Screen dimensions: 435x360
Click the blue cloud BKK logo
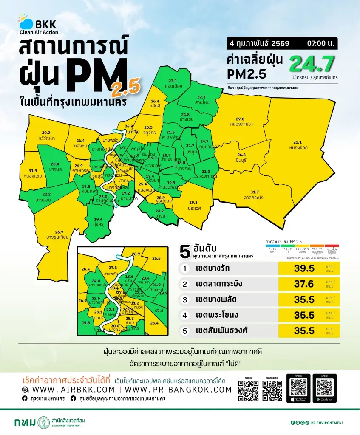[26, 22]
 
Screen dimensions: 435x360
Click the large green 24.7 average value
[311, 64]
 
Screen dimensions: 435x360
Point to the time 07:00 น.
[318, 43]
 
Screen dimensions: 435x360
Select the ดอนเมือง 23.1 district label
[173, 82]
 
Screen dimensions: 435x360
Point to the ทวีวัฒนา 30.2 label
[46, 135]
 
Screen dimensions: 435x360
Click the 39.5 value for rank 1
[304, 269]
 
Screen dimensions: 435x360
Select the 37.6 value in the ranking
[304, 284]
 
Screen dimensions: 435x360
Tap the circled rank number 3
[185, 299]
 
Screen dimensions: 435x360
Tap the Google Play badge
[324, 399]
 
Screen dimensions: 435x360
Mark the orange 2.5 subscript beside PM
[125, 88]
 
